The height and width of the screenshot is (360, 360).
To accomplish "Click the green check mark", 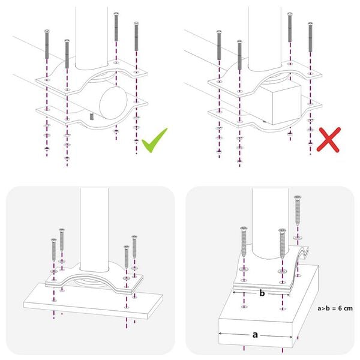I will pyautogui.click(x=154, y=140).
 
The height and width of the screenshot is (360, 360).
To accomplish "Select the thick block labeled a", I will pyautogui.click(x=258, y=318).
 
